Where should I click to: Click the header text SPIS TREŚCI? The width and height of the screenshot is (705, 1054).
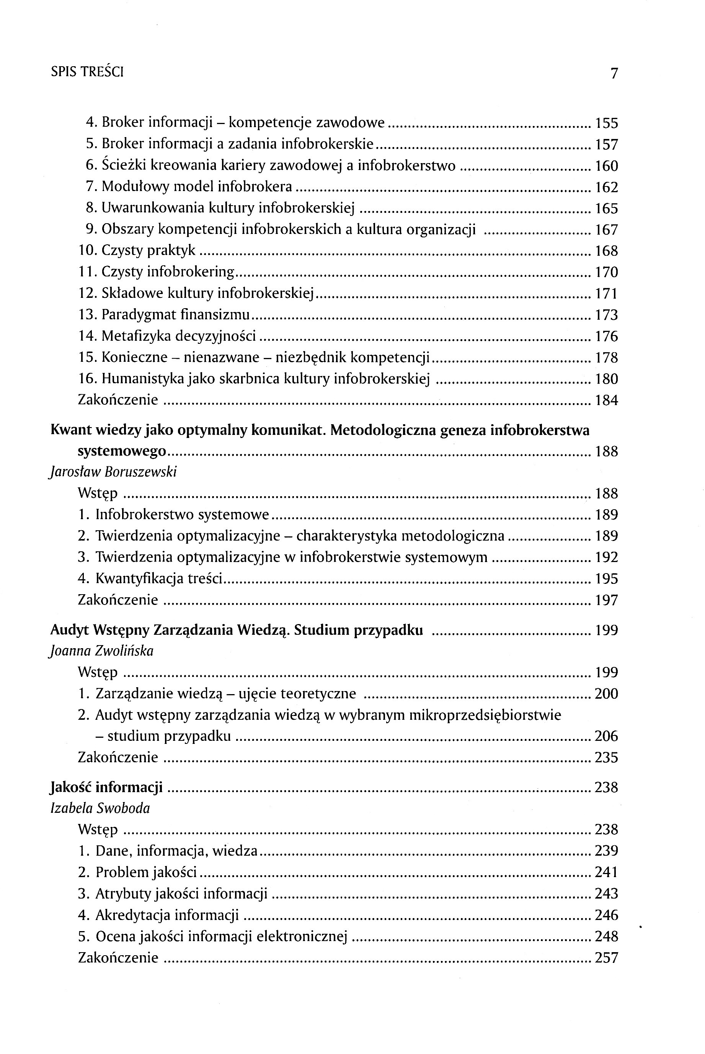(x=87, y=72)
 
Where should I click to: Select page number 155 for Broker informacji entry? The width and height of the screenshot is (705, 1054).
(x=607, y=123)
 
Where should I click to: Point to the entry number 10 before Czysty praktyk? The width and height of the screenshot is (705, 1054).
(x=88, y=251)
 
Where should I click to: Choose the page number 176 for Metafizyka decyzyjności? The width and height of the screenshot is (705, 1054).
(x=607, y=337)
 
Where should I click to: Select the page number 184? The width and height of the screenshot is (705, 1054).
(x=607, y=400)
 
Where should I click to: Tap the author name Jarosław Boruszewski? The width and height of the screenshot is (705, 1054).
(x=113, y=472)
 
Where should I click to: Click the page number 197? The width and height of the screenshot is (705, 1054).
(x=607, y=600)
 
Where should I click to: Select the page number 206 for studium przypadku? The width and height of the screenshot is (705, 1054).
(x=607, y=736)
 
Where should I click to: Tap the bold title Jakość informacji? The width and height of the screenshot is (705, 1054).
(x=106, y=788)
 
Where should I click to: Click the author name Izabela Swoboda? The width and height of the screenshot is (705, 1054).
(x=100, y=808)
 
